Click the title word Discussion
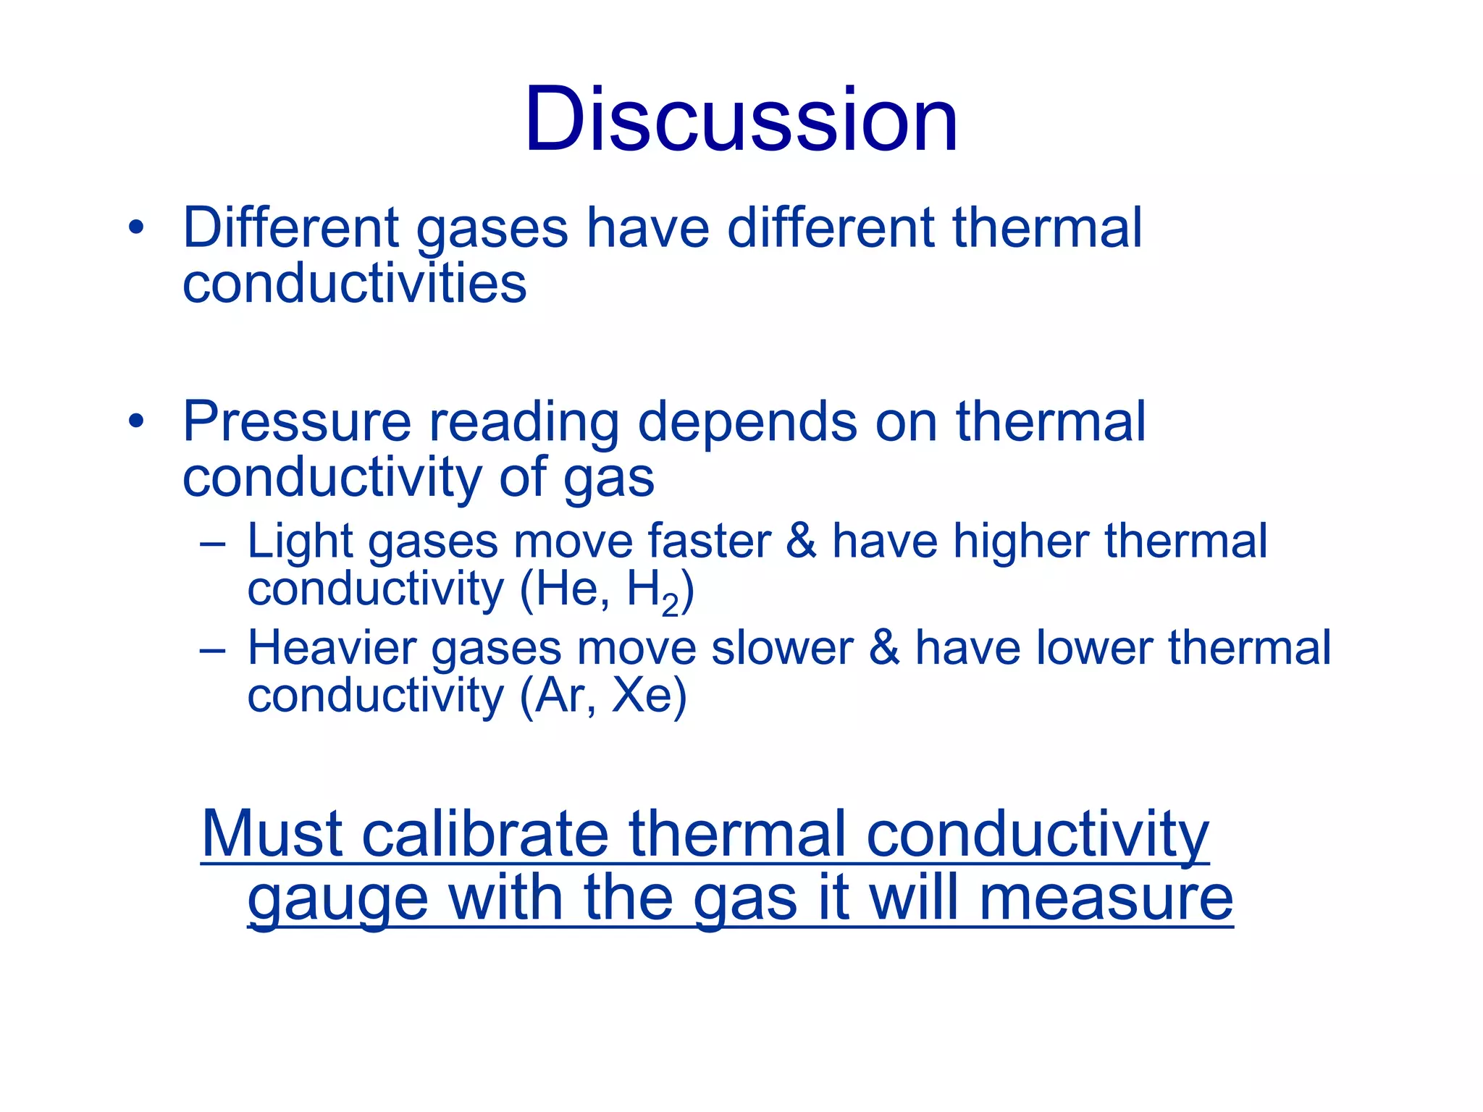point(741,119)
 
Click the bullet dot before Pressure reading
point(136,421)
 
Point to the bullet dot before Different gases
point(136,227)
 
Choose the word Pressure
point(297,421)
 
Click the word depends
point(747,423)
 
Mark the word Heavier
point(332,647)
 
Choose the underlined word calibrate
point(485,834)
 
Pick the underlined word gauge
point(338,900)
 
